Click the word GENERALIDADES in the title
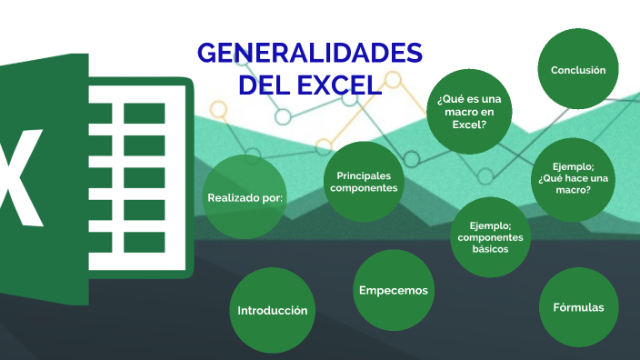pos(310,54)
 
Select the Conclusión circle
pos(578,70)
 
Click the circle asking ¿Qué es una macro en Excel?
pos(467,112)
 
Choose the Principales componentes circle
pos(364,181)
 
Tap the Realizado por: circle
pos(245,197)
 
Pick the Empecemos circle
pos(393,290)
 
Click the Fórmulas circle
pos(578,307)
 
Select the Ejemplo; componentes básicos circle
pos(491,236)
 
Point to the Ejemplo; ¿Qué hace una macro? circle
pos(572,178)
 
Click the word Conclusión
pos(578,70)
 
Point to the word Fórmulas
pos(578,307)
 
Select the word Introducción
pos(272,310)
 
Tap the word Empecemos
pos(393,290)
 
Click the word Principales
pos(364,175)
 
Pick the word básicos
pos(491,249)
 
